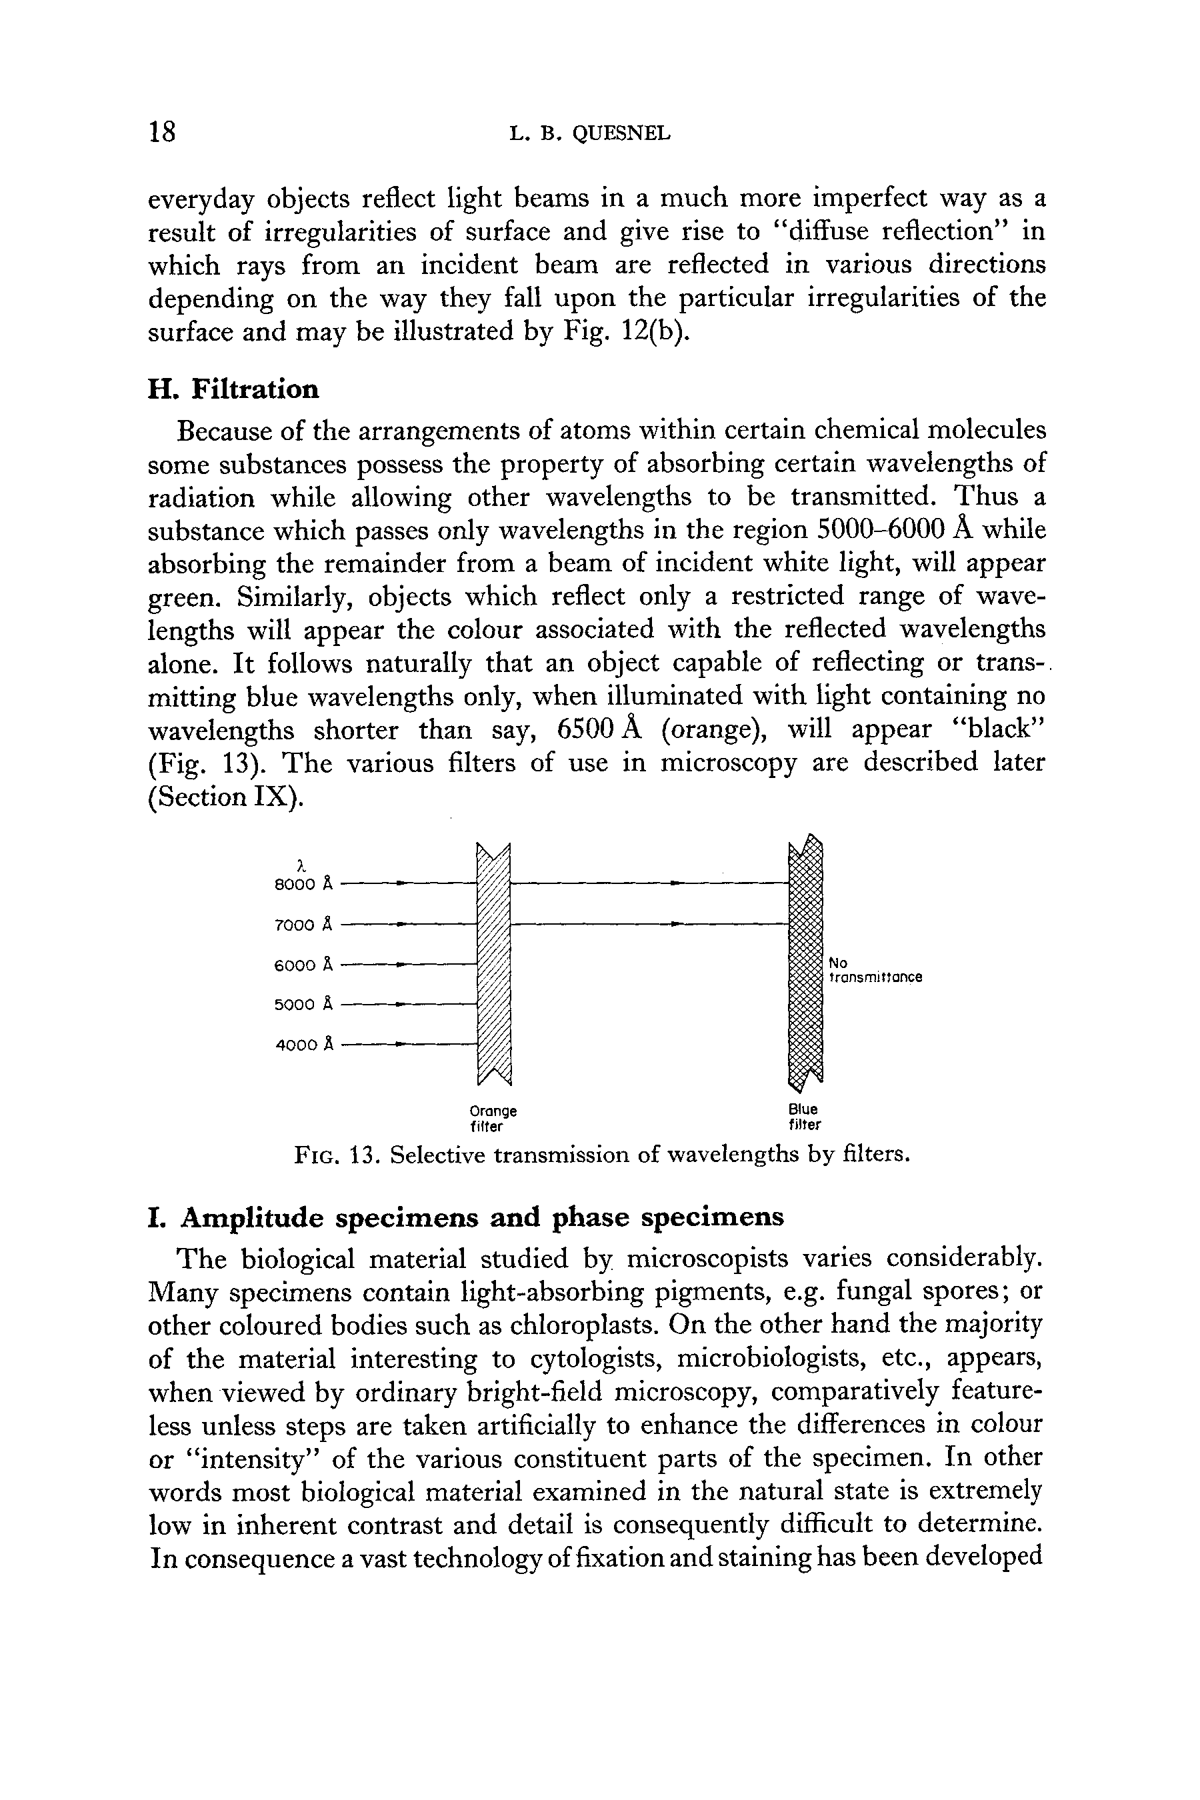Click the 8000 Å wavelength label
[304, 885]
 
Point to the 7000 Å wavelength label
[304, 925]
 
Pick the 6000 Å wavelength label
[304, 965]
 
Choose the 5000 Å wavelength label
[304, 1004]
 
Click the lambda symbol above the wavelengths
[301, 865]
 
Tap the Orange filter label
[493, 1118]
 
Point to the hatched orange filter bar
[493, 964]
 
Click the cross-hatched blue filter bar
[805, 964]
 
